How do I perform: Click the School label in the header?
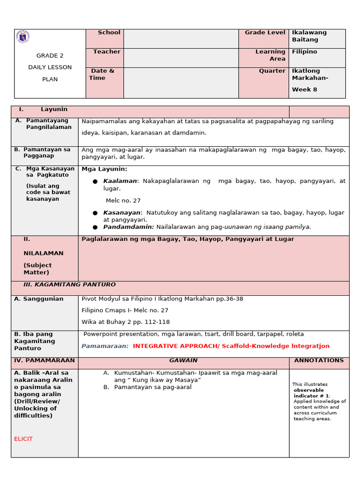pos(109,32)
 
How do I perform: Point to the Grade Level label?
pos(264,32)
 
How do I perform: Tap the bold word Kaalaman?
pos(120,181)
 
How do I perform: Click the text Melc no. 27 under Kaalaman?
pos(123,200)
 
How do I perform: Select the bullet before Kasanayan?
pos(95,213)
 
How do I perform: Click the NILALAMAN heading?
pos(43,253)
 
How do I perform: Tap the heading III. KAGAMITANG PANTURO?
pos(69,285)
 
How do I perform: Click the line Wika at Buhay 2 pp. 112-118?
pos(126,322)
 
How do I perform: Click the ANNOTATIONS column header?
pos(319,360)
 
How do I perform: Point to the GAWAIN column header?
pos(183,360)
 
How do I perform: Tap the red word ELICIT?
pos(23,439)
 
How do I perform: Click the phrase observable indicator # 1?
pos(309,393)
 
